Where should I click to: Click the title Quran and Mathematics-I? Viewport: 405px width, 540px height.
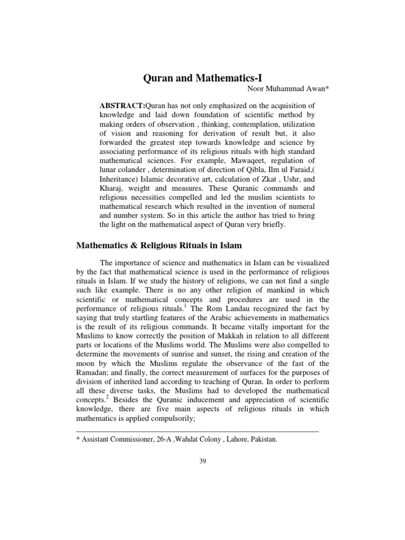(x=202, y=79)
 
